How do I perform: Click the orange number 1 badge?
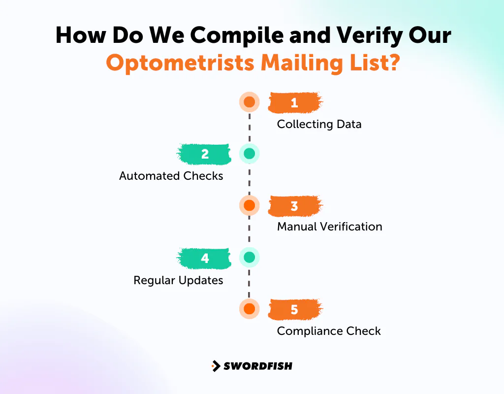coord(295,103)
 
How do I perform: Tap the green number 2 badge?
coord(204,154)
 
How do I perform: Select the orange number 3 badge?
coord(295,206)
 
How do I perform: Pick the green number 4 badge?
coord(204,258)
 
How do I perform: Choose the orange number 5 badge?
coord(295,310)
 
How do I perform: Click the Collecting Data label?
coord(319,124)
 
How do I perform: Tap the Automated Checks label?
coord(171,176)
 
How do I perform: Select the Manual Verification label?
coord(329,227)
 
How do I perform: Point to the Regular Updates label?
coord(178,280)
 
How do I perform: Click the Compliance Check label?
coord(329,331)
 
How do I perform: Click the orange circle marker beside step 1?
coord(250,102)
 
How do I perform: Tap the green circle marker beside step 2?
coord(250,154)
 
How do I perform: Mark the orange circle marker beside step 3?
coord(250,205)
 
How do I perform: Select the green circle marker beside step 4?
coord(250,257)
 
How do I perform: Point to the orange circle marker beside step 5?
coord(250,309)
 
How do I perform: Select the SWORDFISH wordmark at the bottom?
coord(258,366)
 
